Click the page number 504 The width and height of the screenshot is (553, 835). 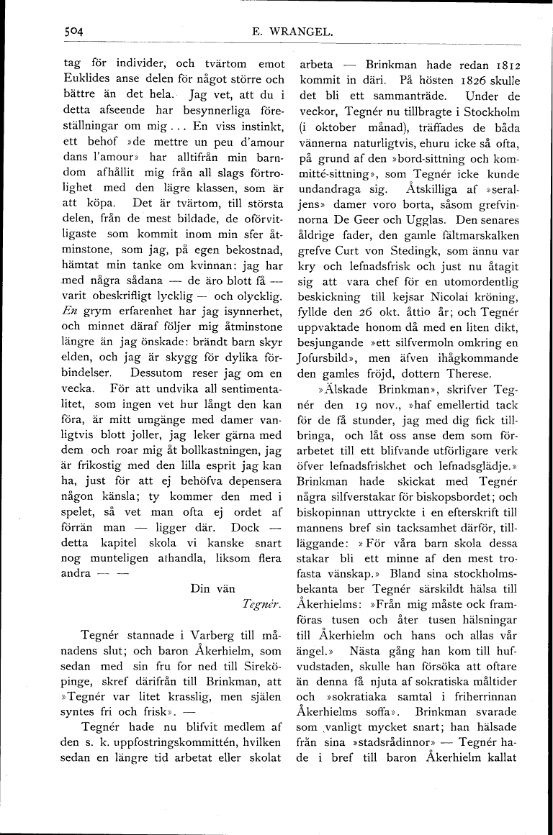point(73,31)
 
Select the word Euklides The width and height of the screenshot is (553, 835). point(86,78)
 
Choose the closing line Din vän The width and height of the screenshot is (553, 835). point(213,588)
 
